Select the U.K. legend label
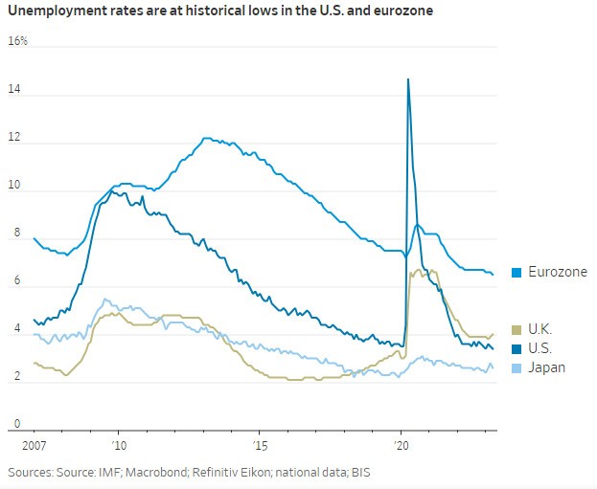(541, 328)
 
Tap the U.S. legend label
(541, 347)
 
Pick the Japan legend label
(546, 367)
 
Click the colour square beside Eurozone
(517, 273)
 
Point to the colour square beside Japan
(517, 367)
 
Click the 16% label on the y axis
(17, 42)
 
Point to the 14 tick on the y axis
(14, 92)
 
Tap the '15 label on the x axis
(260, 446)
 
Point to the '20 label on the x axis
(402, 446)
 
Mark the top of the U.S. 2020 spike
(408, 79)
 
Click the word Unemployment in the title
(54, 11)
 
